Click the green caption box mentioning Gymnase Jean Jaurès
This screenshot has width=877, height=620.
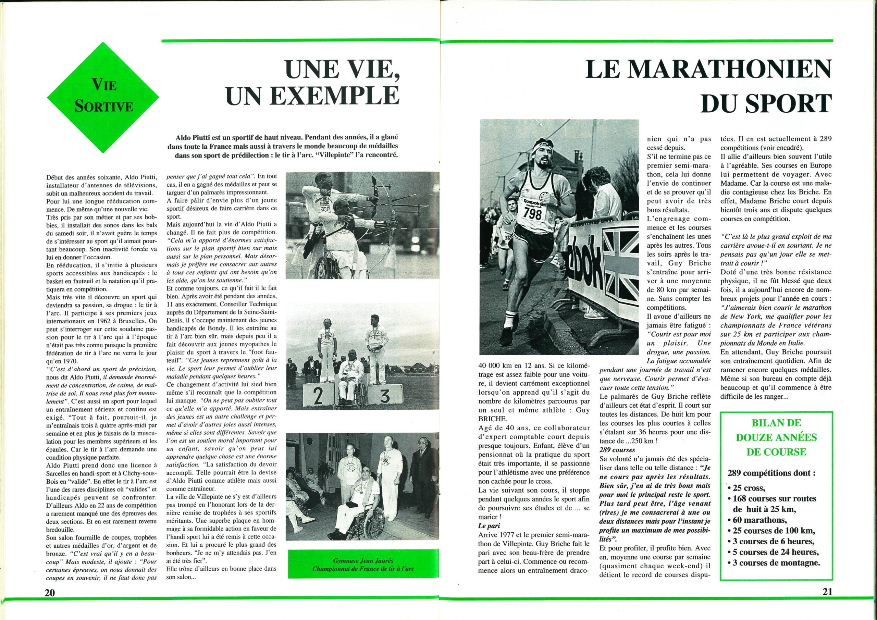point(363,563)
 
